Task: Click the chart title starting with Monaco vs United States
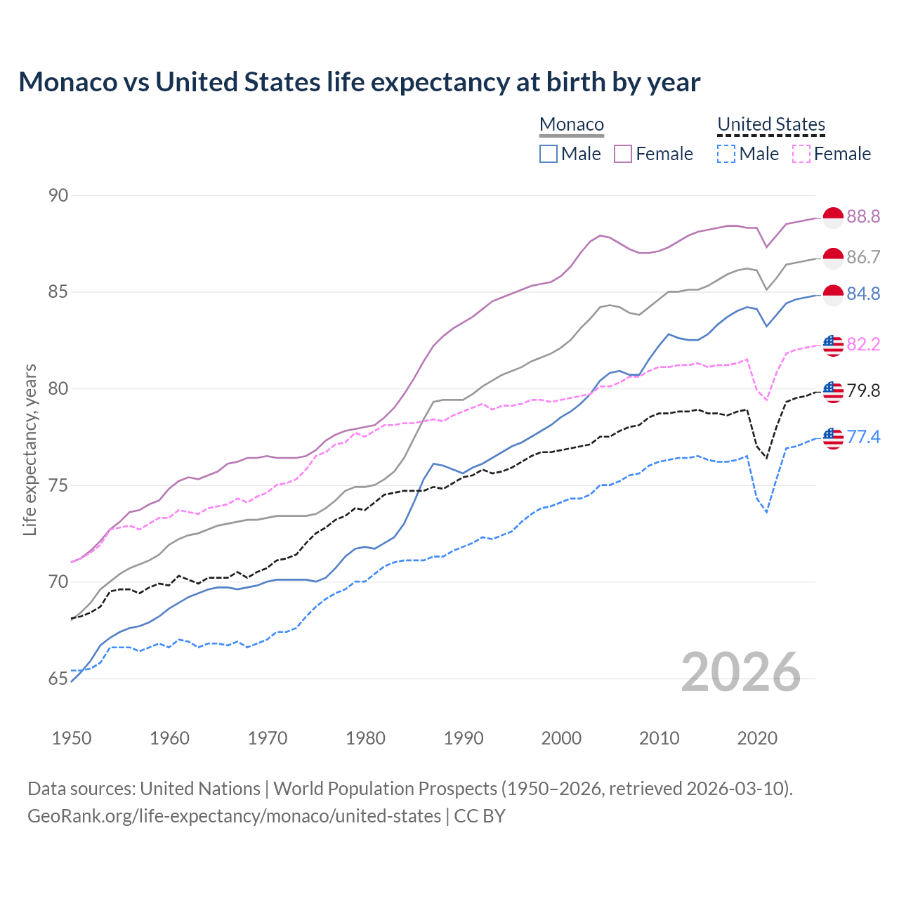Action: [359, 82]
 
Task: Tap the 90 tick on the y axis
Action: [58, 195]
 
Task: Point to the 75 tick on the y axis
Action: [58, 485]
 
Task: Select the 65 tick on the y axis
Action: [58, 678]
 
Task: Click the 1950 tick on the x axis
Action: [72, 738]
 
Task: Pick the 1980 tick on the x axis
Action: [365, 738]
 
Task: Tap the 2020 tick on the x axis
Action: [757, 738]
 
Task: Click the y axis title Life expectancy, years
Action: [29, 449]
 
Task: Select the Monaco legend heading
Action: [572, 124]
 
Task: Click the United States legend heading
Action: [770, 124]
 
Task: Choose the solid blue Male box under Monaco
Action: [549, 154]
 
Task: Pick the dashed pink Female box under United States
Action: [801, 154]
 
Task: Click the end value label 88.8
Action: [863, 217]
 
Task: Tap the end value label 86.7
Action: [863, 258]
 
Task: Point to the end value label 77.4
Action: [863, 438]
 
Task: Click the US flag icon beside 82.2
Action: [833, 345]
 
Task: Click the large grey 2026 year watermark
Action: [741, 672]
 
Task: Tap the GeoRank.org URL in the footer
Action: [234, 816]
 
